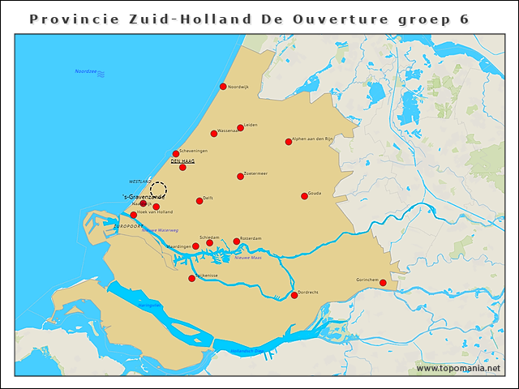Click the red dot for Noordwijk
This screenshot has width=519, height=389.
click(x=223, y=87)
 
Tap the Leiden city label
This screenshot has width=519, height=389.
click(x=251, y=125)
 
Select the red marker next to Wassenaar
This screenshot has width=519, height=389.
click(x=214, y=134)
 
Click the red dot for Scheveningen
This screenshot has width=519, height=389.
click(x=176, y=153)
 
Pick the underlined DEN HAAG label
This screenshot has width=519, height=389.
click(x=182, y=161)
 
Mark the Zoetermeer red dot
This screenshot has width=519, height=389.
click(x=240, y=176)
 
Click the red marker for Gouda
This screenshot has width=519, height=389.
click(x=304, y=195)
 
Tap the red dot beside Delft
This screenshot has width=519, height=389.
click(x=199, y=201)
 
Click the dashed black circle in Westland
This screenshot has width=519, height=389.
click(x=159, y=189)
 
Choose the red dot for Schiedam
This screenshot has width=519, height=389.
click(x=209, y=242)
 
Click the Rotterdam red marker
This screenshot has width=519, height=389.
click(x=237, y=241)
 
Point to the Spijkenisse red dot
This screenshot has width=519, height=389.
click(x=192, y=278)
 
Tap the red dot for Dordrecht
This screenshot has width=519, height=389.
click(x=294, y=295)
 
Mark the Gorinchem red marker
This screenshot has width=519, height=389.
click(x=383, y=282)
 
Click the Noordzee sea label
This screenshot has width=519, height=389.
click(x=86, y=72)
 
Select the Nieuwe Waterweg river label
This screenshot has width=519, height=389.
click(x=160, y=230)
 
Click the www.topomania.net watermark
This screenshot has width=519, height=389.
click(x=458, y=369)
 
